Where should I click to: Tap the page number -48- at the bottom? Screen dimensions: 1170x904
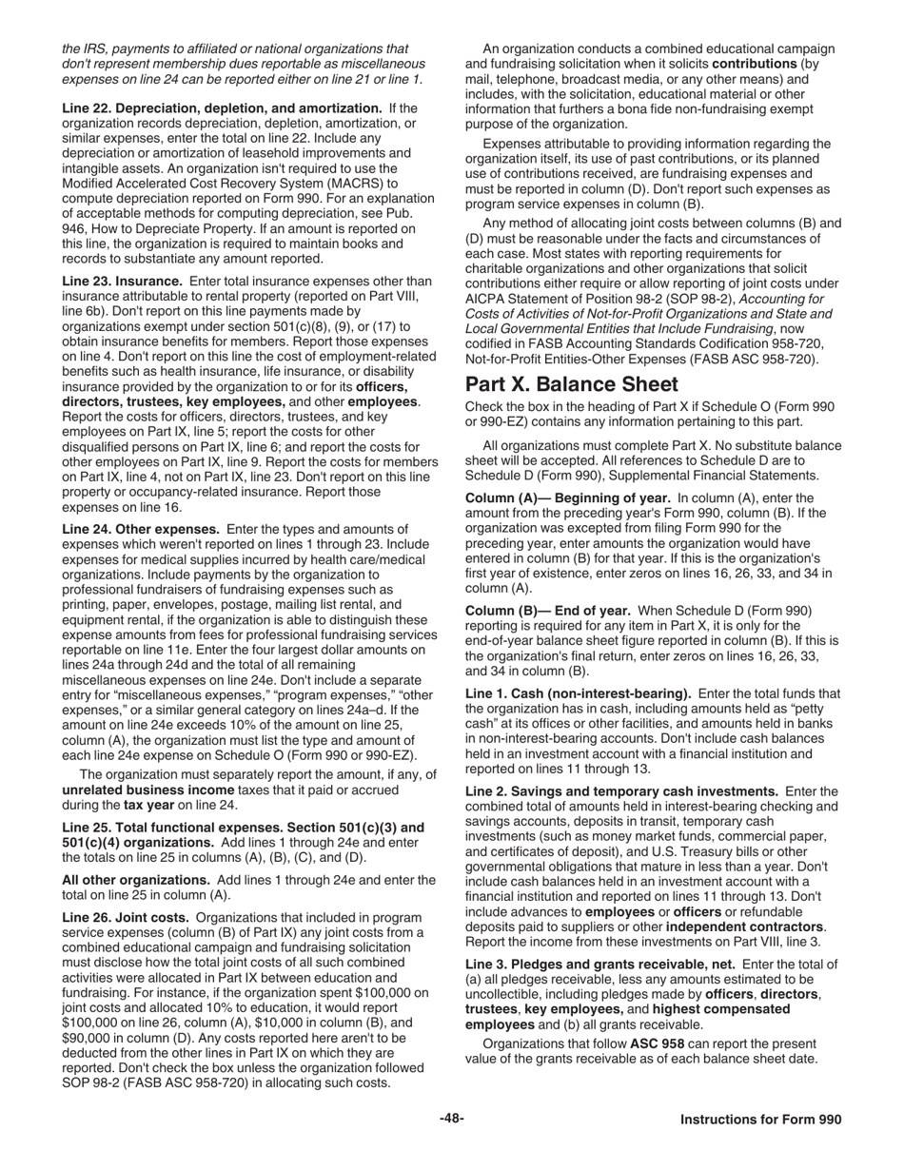click(x=451, y=1119)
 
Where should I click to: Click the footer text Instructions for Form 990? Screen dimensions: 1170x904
click(x=760, y=1120)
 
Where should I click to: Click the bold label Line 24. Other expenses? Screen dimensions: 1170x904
click(x=141, y=529)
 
